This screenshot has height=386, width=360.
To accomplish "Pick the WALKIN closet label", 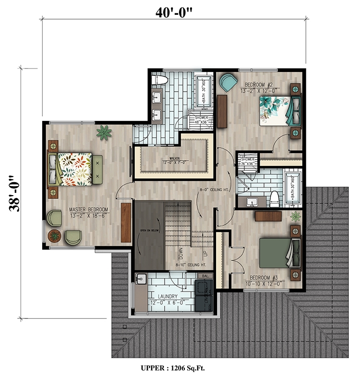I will (174, 161).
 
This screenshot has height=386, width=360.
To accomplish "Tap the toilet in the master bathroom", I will (158, 80).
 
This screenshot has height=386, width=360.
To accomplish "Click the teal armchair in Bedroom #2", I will (228, 82).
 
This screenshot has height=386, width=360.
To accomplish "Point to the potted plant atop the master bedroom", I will (103, 132).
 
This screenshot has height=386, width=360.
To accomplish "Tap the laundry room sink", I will (141, 279).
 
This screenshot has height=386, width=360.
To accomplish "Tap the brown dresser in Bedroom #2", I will (221, 111).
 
